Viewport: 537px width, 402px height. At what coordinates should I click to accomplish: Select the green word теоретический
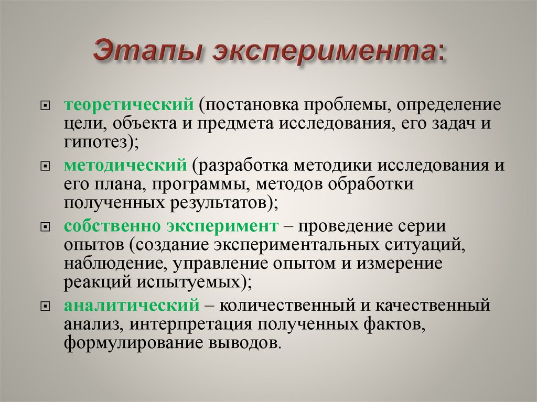point(129,104)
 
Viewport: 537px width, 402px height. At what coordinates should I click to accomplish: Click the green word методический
point(126,166)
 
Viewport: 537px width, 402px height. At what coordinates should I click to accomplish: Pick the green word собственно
point(113,226)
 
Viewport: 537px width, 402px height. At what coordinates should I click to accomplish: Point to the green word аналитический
point(132,305)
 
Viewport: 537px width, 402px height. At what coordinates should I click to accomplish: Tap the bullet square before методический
point(45,167)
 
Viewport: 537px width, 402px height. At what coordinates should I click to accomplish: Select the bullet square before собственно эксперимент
point(45,227)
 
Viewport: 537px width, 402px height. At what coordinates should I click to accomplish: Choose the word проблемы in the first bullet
point(347,105)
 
